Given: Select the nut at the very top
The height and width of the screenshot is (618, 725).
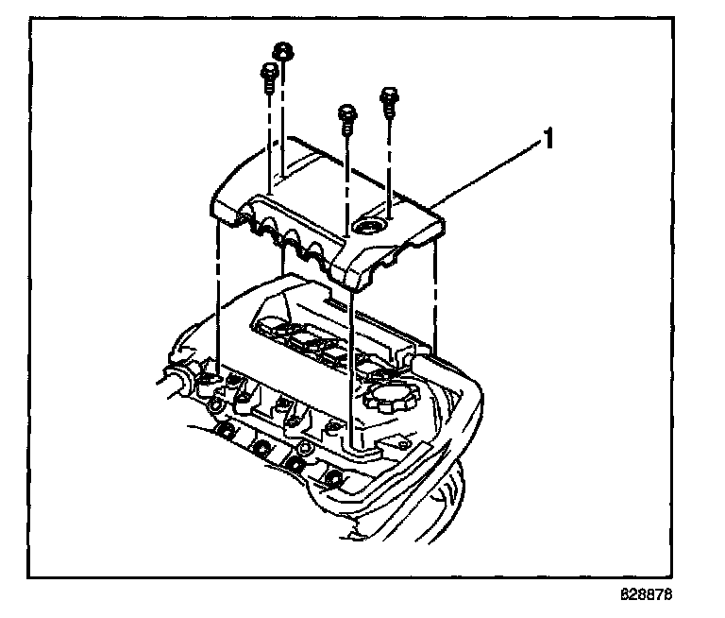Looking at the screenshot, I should point(280,51).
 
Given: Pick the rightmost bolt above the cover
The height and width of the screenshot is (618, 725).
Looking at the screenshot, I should point(388,97).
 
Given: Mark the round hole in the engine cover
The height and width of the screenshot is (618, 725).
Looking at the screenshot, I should point(368,227).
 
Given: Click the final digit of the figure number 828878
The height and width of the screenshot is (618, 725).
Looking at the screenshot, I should point(674,596).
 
